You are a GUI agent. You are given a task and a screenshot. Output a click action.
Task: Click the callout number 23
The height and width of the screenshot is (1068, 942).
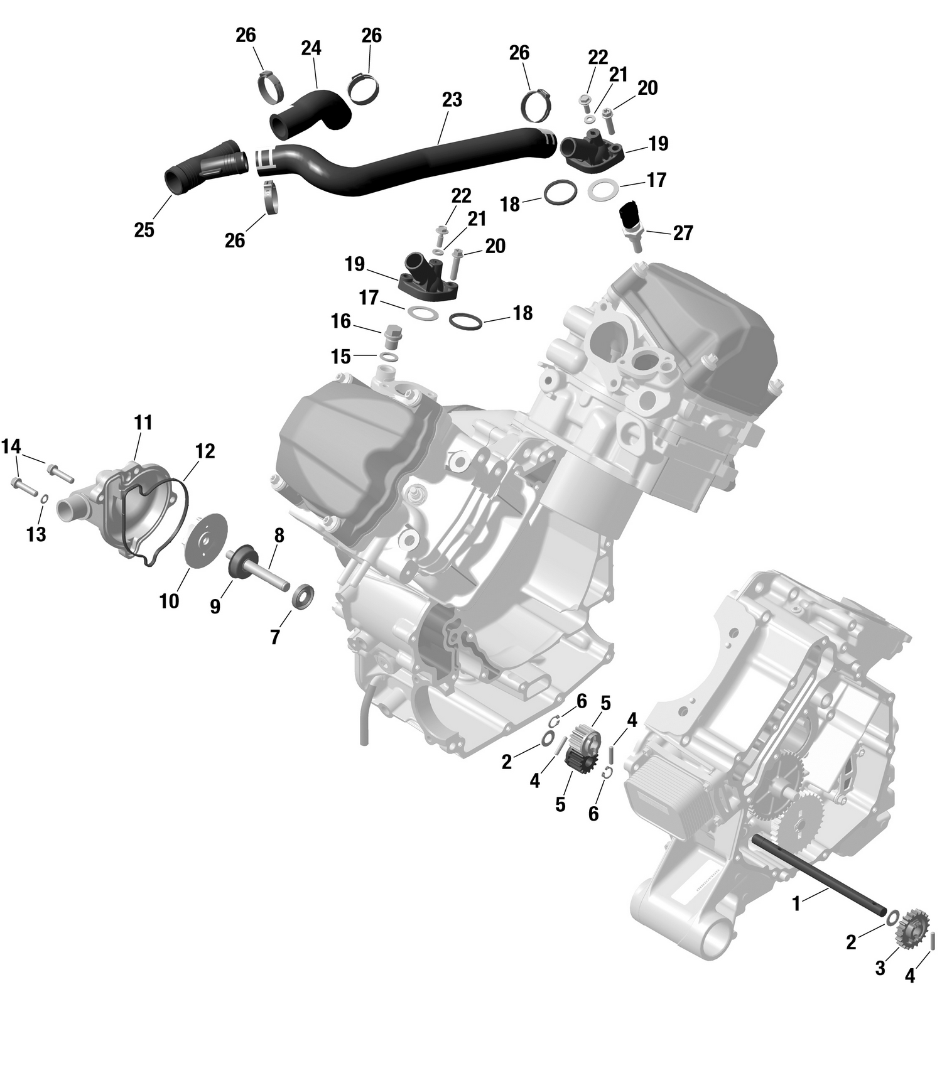pos(452,100)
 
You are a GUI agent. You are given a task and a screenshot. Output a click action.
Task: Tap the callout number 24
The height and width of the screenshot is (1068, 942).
pos(311,48)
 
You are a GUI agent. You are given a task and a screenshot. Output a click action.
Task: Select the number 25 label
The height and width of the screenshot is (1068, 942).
pos(144,230)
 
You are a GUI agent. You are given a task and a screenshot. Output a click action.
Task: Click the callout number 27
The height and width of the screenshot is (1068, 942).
pos(683,233)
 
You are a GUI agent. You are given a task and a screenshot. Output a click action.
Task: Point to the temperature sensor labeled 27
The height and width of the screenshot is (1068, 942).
pos(630,221)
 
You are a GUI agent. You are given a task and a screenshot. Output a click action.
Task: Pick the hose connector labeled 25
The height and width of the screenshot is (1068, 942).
pos(204,166)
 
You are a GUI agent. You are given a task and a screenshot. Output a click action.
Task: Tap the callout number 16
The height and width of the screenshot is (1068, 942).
pos(341,321)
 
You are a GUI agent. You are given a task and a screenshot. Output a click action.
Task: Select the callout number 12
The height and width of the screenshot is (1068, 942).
pos(205,451)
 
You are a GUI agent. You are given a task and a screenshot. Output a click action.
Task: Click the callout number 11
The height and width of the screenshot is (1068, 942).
pos(143,423)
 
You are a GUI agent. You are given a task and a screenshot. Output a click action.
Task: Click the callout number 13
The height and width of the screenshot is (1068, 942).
pos(36,534)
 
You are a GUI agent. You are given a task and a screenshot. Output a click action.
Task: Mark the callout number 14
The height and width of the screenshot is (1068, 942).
pos(11,447)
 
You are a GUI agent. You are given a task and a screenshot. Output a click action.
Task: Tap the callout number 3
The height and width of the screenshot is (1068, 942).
pos(880,969)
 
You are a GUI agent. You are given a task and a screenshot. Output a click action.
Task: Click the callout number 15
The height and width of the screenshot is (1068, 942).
pos(340,357)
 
